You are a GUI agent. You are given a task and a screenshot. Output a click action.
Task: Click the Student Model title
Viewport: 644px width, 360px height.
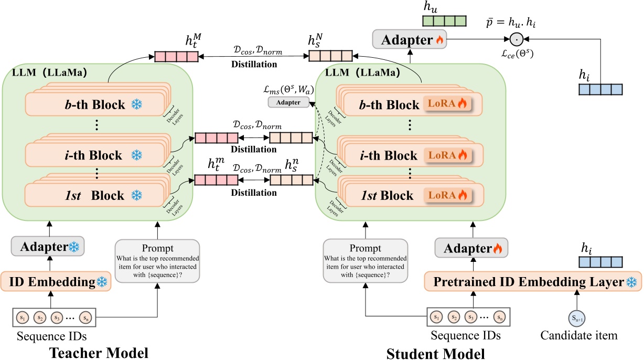[435, 353]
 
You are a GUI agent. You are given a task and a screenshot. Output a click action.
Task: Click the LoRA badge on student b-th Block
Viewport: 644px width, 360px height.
[447, 104]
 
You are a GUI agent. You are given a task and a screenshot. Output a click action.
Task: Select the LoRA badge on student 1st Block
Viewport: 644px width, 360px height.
[447, 196]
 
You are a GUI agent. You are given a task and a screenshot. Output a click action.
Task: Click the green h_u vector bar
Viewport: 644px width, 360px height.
[445, 22]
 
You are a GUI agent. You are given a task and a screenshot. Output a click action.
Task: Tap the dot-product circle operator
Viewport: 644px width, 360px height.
[517, 39]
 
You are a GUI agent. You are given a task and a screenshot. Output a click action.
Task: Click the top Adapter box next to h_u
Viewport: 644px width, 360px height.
[409, 39]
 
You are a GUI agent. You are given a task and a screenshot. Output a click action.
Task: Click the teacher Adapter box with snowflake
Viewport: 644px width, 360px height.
[47, 247]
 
